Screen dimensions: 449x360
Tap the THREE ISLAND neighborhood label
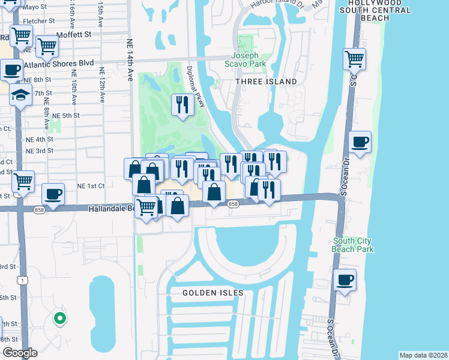click(266, 82)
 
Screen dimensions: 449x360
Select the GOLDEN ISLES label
click(214, 293)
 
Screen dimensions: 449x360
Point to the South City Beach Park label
click(354, 245)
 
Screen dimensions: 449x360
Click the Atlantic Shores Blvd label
click(65, 62)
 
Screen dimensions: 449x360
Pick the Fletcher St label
click(34, 21)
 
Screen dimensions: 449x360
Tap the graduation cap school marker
click(20, 95)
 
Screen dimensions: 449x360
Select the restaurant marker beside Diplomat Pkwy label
click(181, 105)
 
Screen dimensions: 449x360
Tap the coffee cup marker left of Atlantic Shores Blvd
click(11, 70)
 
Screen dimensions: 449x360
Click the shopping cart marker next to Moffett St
click(46, 45)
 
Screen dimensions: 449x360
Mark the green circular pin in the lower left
click(59, 319)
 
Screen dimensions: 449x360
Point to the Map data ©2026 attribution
click(423, 355)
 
